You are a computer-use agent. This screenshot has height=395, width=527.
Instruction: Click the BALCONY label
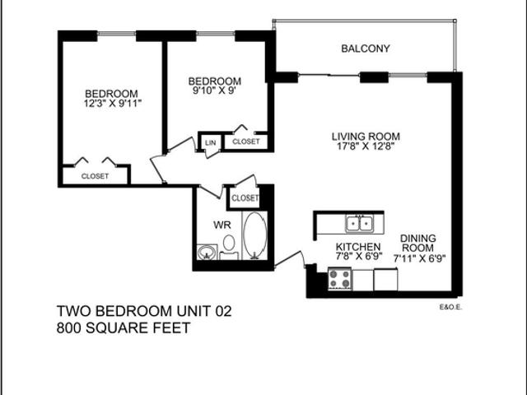(x=365, y=49)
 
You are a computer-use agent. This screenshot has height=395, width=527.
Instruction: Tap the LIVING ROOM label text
(x=366, y=137)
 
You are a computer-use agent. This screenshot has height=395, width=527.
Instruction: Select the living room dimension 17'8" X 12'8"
(x=366, y=148)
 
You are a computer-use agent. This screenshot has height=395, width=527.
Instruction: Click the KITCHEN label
(x=358, y=247)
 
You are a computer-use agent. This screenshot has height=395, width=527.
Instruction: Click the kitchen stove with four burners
(x=340, y=280)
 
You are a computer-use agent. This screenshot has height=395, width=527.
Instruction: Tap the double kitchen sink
(x=359, y=223)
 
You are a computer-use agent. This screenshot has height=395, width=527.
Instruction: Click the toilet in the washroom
(x=229, y=245)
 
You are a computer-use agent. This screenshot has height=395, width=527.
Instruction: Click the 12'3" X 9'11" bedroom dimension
(x=110, y=105)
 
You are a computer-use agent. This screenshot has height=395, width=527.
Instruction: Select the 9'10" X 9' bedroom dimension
(x=214, y=92)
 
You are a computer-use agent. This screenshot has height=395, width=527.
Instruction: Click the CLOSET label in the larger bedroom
(x=95, y=176)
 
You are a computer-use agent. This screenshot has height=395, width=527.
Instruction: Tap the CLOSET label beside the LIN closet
(x=245, y=142)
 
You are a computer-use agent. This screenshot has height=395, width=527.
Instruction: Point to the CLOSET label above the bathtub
(x=245, y=198)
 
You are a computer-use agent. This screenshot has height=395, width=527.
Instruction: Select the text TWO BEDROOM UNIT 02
(x=144, y=312)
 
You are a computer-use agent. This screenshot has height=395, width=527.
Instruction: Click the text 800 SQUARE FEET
(x=124, y=328)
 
